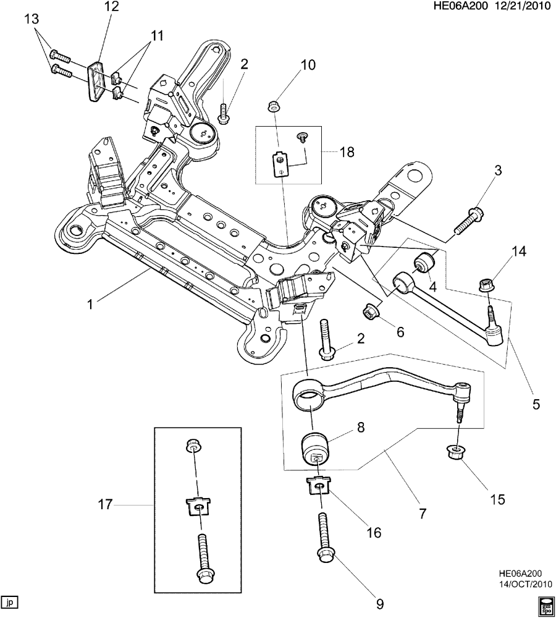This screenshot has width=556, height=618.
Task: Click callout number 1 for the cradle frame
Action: [x=90, y=304]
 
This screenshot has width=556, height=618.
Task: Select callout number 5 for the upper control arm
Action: [x=536, y=405]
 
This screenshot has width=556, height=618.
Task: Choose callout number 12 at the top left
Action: [x=112, y=7]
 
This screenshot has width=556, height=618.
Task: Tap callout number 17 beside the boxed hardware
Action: [x=104, y=505]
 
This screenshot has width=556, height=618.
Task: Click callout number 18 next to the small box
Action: [x=347, y=151]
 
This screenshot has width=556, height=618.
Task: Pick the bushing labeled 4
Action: [x=426, y=262]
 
